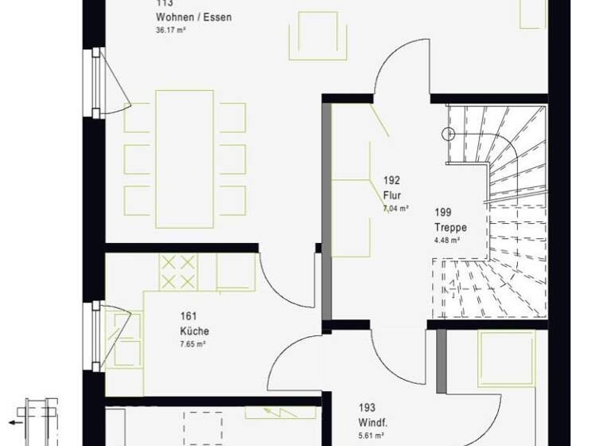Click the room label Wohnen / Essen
(x=194, y=18)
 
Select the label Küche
(x=194, y=331)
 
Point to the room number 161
(x=189, y=316)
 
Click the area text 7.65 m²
(x=193, y=344)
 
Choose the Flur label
(x=391, y=195)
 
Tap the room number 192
(x=391, y=181)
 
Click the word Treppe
(x=450, y=228)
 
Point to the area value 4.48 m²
(x=446, y=240)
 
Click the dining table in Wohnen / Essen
(x=185, y=151)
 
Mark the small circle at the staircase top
(x=449, y=134)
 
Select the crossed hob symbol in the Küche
(x=178, y=272)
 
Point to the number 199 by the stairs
(x=442, y=213)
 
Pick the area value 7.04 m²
(x=395, y=208)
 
